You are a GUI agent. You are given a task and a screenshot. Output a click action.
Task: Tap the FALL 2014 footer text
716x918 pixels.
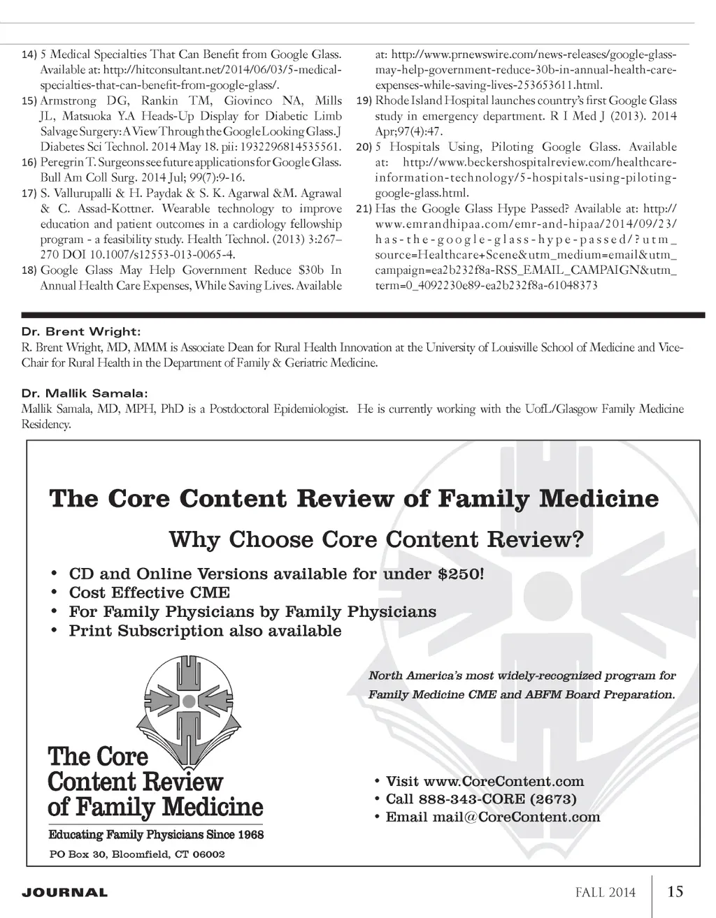pos(606,892)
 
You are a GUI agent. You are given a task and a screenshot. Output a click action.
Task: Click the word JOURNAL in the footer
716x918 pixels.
pos(65,893)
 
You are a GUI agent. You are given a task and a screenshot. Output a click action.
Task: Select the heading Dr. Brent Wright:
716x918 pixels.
pos(80,331)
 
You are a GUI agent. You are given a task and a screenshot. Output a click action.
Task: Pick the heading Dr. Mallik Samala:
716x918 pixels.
pos(85,393)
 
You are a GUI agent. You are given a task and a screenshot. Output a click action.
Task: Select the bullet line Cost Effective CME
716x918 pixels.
pos(149,592)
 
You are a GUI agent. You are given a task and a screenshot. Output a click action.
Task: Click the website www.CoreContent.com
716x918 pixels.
pos(503,781)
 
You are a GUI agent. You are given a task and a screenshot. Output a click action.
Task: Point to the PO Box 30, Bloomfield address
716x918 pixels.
pos(136,854)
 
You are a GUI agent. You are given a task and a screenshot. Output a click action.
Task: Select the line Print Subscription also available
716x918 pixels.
pos(205,631)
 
